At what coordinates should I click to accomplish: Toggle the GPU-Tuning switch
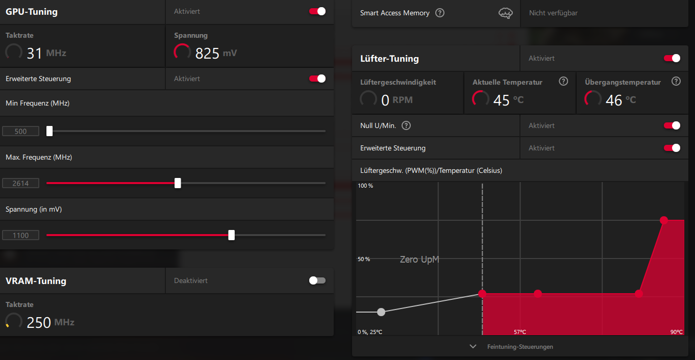[x=317, y=11]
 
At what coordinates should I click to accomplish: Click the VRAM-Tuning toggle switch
[x=317, y=280]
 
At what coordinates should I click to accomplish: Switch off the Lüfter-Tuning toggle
[x=672, y=58]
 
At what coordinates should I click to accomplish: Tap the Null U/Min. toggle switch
[x=672, y=125]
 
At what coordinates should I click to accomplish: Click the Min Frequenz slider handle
[x=49, y=131]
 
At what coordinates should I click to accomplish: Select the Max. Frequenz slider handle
[x=178, y=183]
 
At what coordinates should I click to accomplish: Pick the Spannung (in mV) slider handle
[x=232, y=235]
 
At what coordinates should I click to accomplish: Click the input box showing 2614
[x=21, y=183]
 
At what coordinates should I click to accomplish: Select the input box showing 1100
[x=21, y=235]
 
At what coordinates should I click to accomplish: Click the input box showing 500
[x=21, y=131]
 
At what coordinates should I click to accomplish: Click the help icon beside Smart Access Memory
[x=440, y=13]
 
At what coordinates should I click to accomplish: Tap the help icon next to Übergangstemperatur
[x=676, y=81]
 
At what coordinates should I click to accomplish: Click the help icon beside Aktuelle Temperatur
[x=563, y=81]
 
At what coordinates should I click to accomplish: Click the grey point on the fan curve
[x=381, y=312]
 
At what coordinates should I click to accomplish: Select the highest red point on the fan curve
[x=664, y=220]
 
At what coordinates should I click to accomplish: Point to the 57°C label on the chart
[x=519, y=332]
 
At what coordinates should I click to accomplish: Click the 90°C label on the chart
[x=677, y=332]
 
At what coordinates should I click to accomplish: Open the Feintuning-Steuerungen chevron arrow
[x=473, y=346]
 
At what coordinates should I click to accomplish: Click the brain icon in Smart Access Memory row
[x=505, y=13]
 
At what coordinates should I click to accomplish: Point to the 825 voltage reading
[x=207, y=53]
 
